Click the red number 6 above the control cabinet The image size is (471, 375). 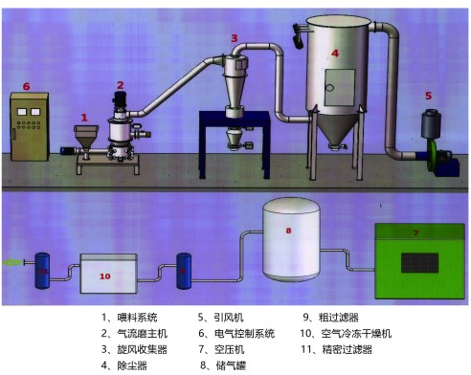tap(26, 86)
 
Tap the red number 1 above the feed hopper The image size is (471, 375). tap(84, 116)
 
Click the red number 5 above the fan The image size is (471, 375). tap(428, 96)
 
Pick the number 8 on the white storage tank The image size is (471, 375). tap(290, 230)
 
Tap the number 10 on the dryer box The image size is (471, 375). tap(106, 276)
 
